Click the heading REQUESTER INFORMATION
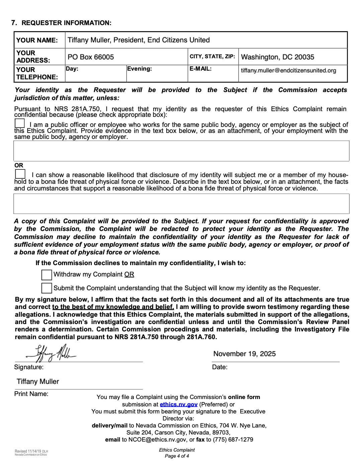click(x=66, y=23)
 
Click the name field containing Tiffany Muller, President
click(x=139, y=40)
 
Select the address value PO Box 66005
click(x=91, y=57)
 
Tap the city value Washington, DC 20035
click(x=277, y=57)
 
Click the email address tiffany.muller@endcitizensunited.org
click(x=288, y=71)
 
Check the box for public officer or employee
click(x=20, y=123)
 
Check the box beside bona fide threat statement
click(x=20, y=174)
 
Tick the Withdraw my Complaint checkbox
click(x=47, y=275)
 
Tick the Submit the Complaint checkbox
click(x=47, y=288)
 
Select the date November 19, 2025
click(x=244, y=354)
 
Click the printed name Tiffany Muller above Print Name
click(x=38, y=382)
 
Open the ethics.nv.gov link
click(x=178, y=404)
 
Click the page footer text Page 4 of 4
click(x=177, y=456)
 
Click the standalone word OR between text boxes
click(x=19, y=165)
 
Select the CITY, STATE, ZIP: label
click(x=212, y=57)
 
